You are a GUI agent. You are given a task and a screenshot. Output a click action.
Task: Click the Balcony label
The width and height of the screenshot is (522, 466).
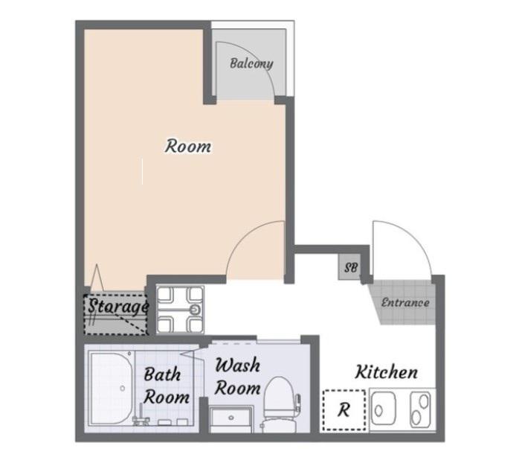point(251,63)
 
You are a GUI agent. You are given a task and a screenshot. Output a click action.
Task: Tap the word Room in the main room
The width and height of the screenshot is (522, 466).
point(188,147)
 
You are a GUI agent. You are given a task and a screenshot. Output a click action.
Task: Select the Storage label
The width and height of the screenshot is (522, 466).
point(118,307)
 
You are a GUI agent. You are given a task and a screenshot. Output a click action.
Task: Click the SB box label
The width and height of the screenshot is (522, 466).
point(351,267)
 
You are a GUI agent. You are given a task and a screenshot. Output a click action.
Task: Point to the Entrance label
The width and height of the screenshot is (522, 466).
point(405,303)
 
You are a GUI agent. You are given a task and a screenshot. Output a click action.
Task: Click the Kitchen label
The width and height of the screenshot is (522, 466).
point(386,372)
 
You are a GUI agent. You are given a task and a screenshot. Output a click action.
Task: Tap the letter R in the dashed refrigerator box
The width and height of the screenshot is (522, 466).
point(344,410)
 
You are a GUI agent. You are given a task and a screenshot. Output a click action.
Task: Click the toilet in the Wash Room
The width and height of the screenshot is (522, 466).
point(279,404)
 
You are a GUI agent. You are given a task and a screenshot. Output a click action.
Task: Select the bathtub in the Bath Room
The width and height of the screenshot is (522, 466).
point(112,388)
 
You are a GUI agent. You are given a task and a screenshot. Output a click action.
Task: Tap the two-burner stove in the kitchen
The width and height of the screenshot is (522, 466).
point(420,409)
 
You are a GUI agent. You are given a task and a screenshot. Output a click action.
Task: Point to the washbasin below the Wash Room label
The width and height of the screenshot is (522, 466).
point(231,419)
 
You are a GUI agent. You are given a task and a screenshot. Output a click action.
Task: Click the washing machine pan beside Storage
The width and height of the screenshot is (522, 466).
point(180,310)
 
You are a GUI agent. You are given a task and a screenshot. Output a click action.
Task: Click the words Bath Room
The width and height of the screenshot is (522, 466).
point(167,386)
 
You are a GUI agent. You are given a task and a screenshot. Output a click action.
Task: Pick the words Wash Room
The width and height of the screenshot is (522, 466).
point(238,377)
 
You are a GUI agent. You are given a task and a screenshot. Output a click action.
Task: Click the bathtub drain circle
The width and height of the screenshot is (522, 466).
point(123,389)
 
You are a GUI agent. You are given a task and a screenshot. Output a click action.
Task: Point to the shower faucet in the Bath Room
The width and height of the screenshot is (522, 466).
point(141,415)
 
